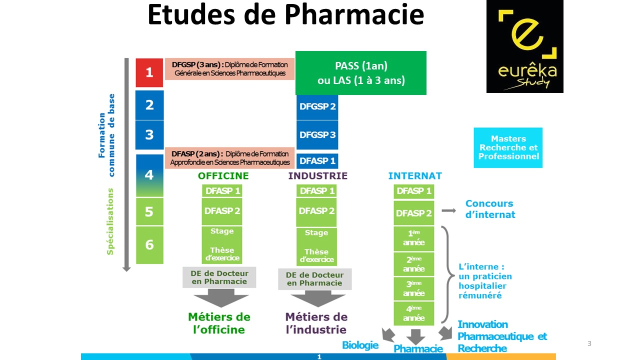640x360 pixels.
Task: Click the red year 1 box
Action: click(149, 72)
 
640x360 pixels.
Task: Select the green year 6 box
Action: click(149, 245)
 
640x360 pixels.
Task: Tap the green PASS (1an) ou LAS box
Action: click(360, 72)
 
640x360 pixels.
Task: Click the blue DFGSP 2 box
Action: click(317, 106)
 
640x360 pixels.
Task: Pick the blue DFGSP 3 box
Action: click(317, 135)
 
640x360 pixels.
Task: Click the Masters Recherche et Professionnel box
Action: click(508, 147)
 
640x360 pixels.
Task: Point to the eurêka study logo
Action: click(524, 46)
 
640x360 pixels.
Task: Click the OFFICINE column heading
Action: click(223, 176)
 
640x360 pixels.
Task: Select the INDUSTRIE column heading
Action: click(317, 176)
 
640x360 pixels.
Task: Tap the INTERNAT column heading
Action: click(415, 176)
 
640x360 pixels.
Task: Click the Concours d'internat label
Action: click(490, 209)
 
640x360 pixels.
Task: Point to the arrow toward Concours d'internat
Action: click(448, 211)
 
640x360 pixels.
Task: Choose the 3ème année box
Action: click(413, 288)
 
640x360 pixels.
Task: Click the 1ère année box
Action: click(413, 238)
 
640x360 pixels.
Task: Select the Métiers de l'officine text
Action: click(219, 323)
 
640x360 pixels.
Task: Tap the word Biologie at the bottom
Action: click(360, 345)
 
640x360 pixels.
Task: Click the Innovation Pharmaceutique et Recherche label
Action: click(502, 336)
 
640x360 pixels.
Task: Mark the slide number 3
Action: click(589, 343)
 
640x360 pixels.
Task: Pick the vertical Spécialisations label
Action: click(110, 221)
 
